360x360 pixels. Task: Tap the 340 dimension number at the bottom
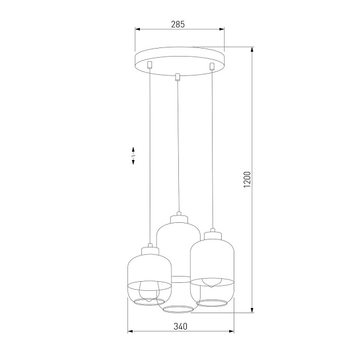pos(179,326)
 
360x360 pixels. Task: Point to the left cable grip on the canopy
pos(148,65)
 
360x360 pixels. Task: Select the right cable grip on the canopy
pos(212,67)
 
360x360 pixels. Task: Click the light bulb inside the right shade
pos(211,282)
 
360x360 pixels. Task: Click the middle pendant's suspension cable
pos(179,143)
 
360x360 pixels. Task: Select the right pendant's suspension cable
pos(213,149)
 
